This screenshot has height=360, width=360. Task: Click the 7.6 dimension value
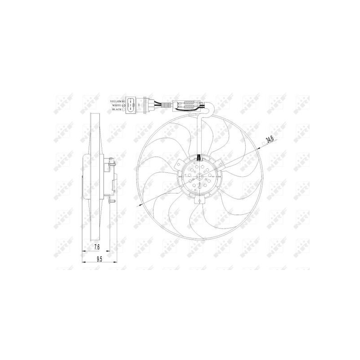(97, 246)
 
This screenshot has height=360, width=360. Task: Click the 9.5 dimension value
(99, 258)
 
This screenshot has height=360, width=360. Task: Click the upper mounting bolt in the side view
(110, 160)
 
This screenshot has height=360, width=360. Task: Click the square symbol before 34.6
(263, 144)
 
